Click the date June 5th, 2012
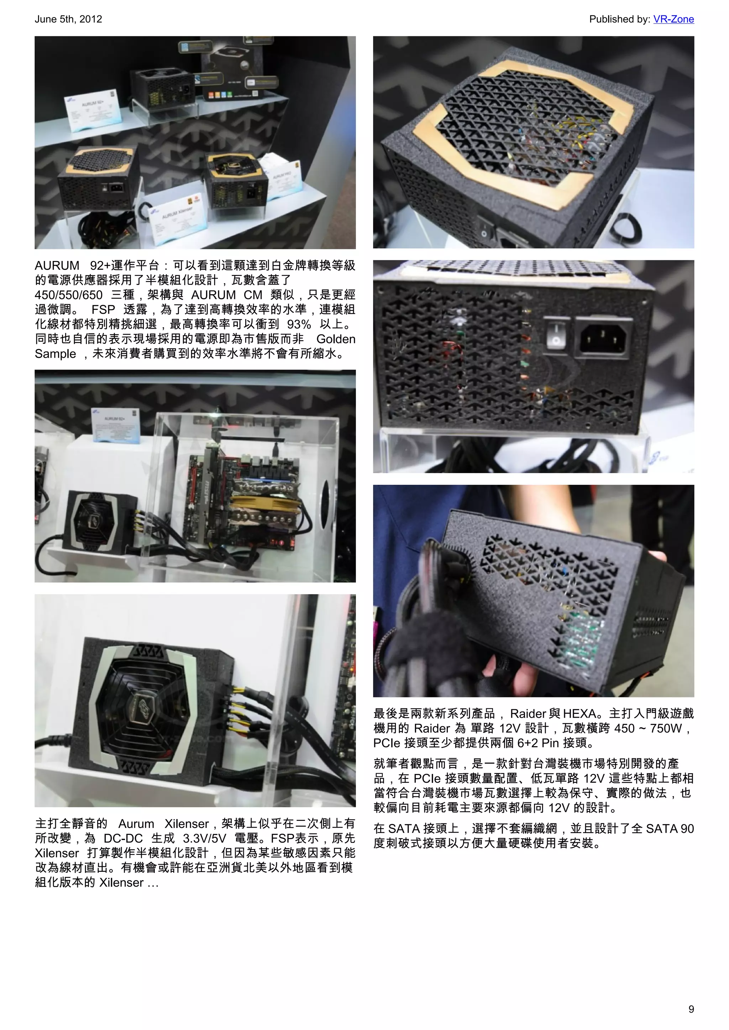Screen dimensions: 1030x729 pyautogui.click(x=68, y=19)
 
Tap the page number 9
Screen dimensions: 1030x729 pyautogui.click(x=691, y=1009)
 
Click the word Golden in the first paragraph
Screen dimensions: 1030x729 pyautogui.click(x=335, y=339)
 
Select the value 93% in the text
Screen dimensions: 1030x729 pyautogui.click(x=299, y=324)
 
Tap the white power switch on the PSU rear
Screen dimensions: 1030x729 pyautogui.click(x=556, y=334)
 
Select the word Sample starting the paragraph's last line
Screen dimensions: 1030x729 pyautogui.click(x=55, y=354)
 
